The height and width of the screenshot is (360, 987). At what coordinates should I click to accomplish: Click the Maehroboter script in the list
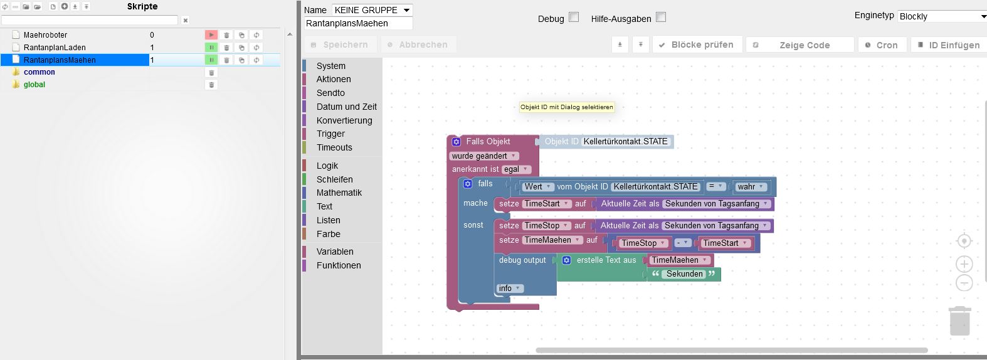[45, 35]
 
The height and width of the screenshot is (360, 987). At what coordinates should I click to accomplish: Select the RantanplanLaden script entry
[55, 48]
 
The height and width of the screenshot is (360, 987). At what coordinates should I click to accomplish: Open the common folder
[39, 72]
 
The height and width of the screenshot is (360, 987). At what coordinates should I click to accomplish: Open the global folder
[34, 85]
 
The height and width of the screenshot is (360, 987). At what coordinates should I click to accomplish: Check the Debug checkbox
[574, 18]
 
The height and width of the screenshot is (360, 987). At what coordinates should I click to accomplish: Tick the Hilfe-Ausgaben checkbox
[661, 18]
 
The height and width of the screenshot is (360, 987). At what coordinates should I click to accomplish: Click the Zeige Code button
[800, 45]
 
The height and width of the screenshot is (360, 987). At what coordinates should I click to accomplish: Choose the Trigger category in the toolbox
[330, 134]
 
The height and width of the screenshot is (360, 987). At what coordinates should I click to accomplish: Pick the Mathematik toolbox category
[339, 193]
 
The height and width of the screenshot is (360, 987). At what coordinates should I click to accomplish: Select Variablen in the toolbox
[335, 251]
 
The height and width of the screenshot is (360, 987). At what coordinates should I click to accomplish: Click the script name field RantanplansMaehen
[358, 23]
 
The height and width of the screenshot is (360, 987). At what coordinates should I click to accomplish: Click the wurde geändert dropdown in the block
[483, 156]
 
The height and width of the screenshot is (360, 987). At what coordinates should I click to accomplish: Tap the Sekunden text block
[684, 274]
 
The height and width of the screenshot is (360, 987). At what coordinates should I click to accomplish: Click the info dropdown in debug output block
[510, 289]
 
